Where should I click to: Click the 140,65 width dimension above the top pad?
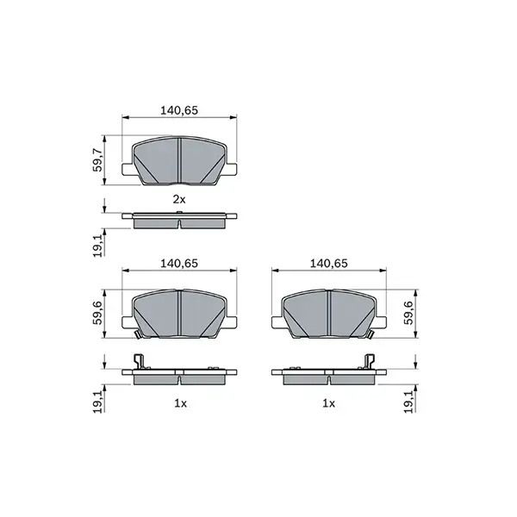pos(179,110)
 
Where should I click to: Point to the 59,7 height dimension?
pos(98,160)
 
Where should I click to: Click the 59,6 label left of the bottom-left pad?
pos(98,312)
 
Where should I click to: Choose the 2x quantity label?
pos(178,199)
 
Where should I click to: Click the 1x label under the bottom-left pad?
pos(178,402)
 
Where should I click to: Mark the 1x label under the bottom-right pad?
pos(327,402)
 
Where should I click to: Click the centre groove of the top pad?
pos(178,160)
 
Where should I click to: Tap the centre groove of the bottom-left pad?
pos(178,311)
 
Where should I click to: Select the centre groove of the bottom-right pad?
pos(330,311)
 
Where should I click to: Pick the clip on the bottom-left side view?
pos(136,364)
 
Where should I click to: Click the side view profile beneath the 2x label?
pos(178,219)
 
